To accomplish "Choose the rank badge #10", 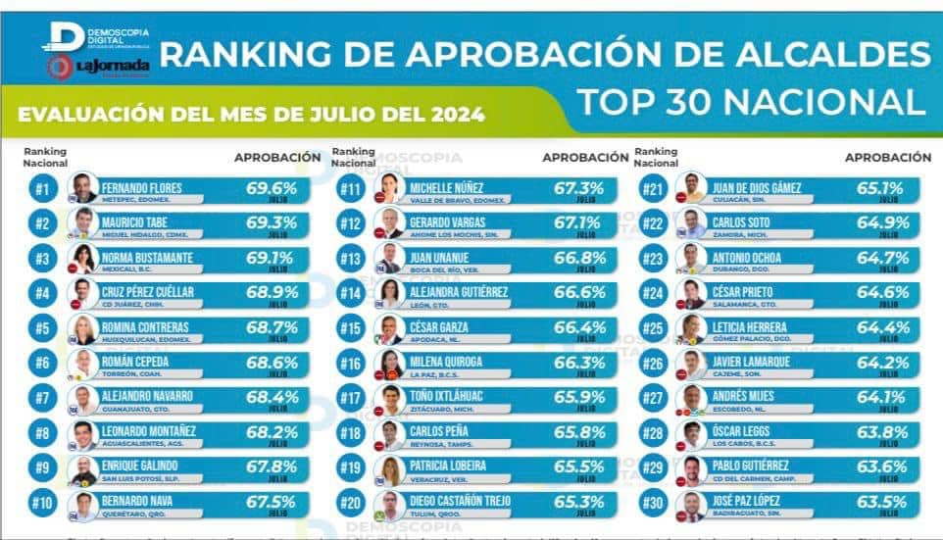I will tap(42, 504).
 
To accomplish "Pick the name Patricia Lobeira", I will tap(456, 466).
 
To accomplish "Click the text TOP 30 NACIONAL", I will tap(751, 101).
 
